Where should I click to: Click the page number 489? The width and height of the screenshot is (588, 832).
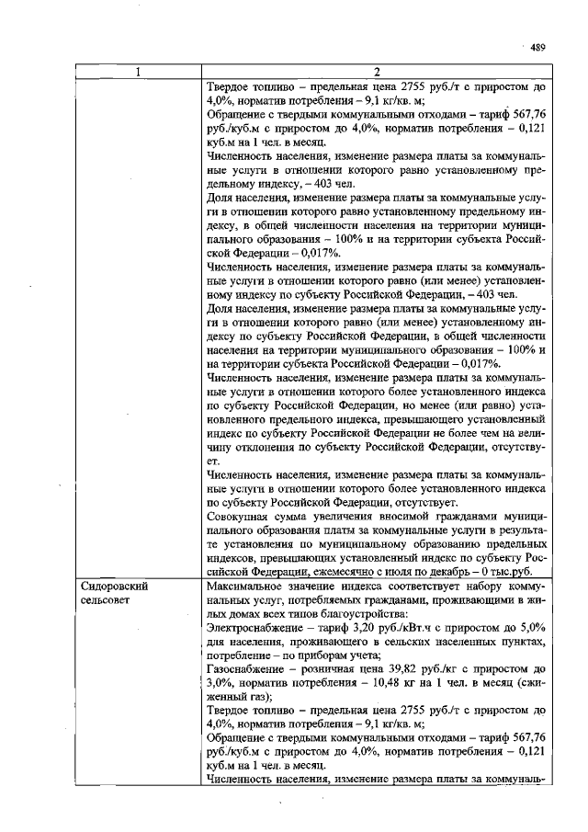click(538, 48)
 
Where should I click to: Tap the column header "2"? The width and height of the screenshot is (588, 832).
click(377, 73)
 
